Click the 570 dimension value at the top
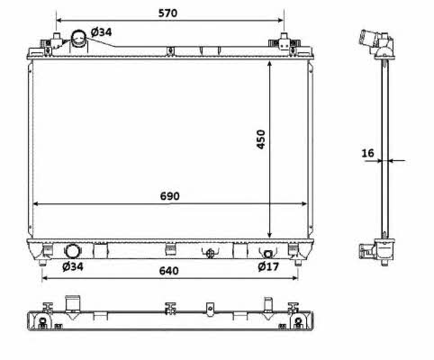coord(167,13)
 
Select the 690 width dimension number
coord(170,196)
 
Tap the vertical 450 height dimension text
coord(261,139)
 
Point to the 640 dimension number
coord(168,271)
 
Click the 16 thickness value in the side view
coord(367,153)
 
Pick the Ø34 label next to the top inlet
coord(101,31)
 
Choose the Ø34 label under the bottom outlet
coord(73,266)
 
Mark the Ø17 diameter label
coord(268,266)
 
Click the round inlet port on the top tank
coord(78,38)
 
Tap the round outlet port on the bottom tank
coord(72,251)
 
